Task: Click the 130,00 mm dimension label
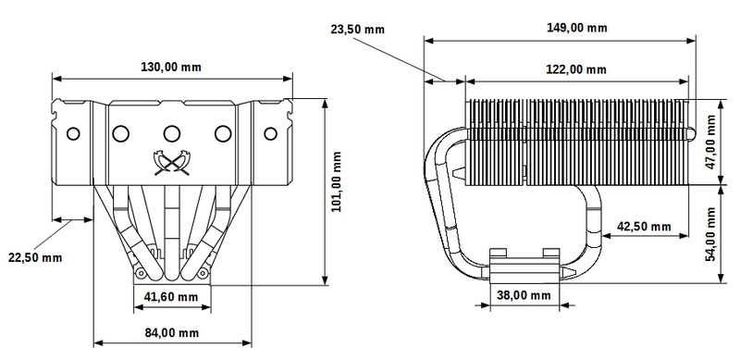point(171,67)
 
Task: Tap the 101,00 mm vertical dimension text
point(337,182)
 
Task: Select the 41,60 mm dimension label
point(171,297)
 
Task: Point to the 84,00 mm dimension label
point(172,332)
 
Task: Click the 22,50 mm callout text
point(35,257)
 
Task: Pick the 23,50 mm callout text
point(358,30)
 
